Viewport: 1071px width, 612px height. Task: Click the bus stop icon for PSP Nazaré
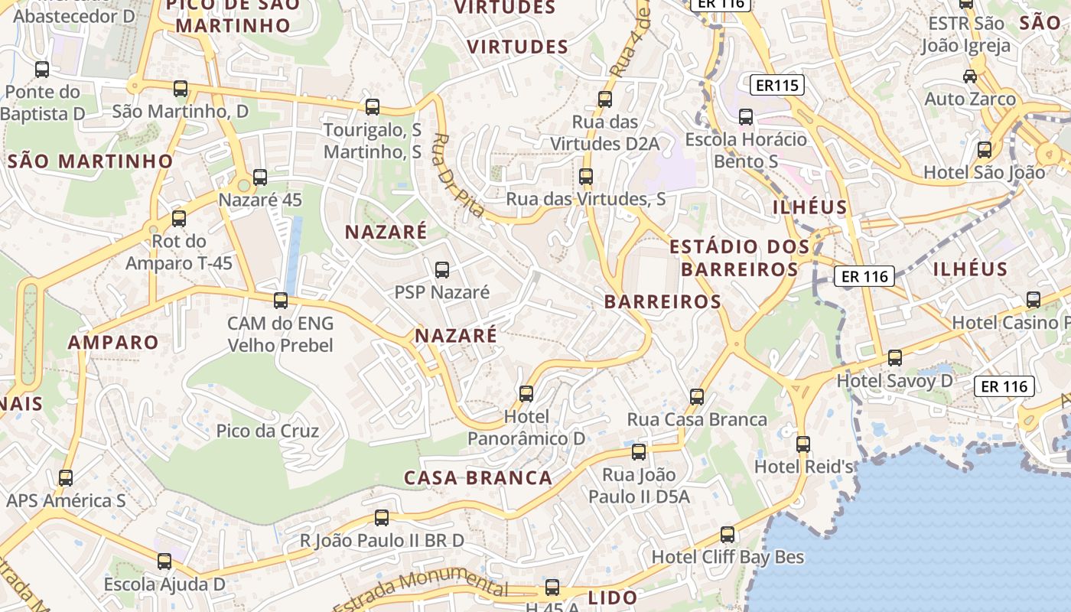[x=442, y=269]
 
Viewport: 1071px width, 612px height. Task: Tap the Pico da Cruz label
[x=267, y=431]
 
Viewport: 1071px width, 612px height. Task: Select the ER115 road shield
[x=776, y=85]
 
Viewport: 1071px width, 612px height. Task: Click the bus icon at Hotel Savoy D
[x=894, y=357]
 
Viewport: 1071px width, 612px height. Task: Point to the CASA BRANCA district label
[x=478, y=478]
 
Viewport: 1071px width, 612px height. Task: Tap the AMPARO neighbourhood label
[x=113, y=342]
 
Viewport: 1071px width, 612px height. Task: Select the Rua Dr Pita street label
[x=457, y=175]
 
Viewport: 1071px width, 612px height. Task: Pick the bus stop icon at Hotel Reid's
[x=803, y=444]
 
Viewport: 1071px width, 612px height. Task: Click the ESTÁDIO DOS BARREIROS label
[x=739, y=258]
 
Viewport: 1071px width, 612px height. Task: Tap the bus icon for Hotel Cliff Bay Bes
[x=728, y=534]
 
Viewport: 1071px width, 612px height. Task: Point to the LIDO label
[x=613, y=598]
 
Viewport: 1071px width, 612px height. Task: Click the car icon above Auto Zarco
[x=970, y=76]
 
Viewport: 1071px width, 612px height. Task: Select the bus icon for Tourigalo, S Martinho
[x=373, y=107]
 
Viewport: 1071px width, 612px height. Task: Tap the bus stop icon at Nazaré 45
[x=260, y=177]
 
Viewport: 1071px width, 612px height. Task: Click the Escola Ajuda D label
[x=164, y=584]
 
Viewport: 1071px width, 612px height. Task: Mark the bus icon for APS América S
[x=66, y=478]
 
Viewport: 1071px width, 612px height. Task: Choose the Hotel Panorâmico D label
[x=526, y=428]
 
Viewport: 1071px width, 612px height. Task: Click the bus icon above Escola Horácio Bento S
[x=746, y=117]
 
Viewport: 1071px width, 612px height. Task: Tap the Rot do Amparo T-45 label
[x=179, y=252]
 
